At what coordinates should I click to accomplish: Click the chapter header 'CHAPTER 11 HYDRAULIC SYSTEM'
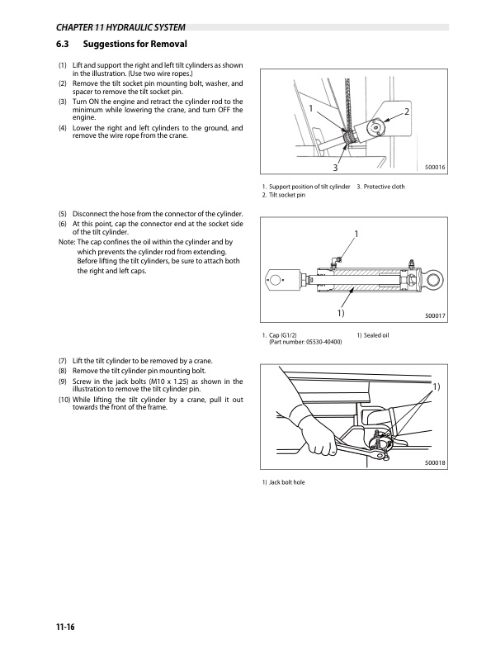pyautogui.click(x=120, y=27)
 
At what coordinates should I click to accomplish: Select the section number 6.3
pyautogui.click(x=63, y=44)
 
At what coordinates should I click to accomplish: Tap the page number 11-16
pyautogui.click(x=65, y=627)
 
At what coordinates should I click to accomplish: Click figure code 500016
pyautogui.click(x=435, y=168)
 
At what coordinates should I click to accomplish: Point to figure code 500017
pyautogui.click(x=435, y=315)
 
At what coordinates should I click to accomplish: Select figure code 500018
pyautogui.click(x=435, y=462)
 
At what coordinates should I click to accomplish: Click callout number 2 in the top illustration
pyautogui.click(x=407, y=111)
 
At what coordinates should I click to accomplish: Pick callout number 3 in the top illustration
pyautogui.click(x=335, y=168)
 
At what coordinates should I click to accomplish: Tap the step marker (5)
pyautogui.click(x=63, y=214)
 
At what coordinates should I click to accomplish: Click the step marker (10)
pyautogui.click(x=64, y=400)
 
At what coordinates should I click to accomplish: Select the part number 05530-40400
pyautogui.click(x=323, y=342)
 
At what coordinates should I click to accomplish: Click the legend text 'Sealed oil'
pyautogui.click(x=376, y=335)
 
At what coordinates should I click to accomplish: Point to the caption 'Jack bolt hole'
pyautogui.click(x=287, y=482)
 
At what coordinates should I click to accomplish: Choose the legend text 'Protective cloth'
pyautogui.click(x=384, y=187)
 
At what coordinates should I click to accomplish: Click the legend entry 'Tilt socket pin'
pyautogui.click(x=287, y=195)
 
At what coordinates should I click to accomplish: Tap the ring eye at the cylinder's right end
pyautogui.click(x=433, y=278)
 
